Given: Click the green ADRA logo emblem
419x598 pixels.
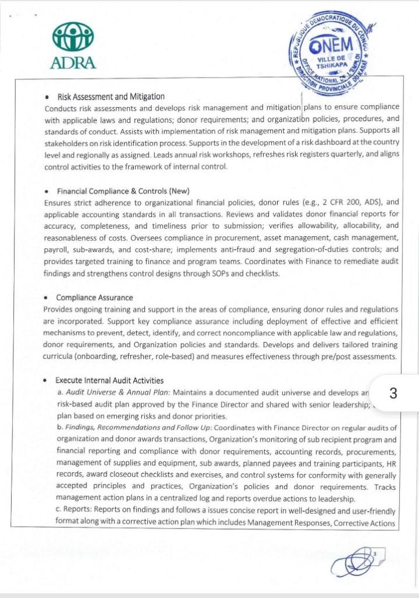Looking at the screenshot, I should pos(73,39).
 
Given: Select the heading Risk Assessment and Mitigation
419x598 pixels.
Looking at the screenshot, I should pos(110,96).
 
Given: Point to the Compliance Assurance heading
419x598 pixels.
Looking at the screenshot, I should pos(94,298).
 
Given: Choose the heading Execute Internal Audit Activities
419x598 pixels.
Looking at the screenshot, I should pos(110,381).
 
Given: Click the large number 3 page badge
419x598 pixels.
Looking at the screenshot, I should pos(393,393).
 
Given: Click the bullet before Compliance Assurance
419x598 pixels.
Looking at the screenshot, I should pos(46,298).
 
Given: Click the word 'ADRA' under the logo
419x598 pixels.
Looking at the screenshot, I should pos(73,62).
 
